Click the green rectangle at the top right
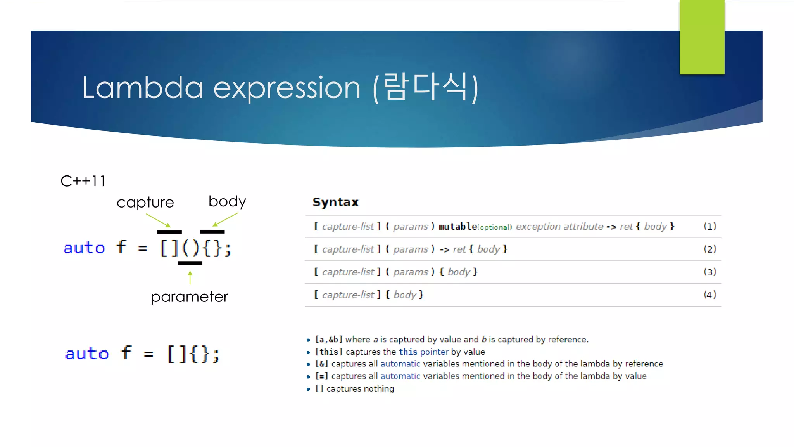tap(702, 37)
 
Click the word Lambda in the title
tap(142, 88)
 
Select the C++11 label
tap(83, 181)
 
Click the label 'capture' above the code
tap(145, 203)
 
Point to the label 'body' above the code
tap(227, 201)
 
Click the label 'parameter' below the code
tap(189, 297)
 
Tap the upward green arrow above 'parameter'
tap(190, 277)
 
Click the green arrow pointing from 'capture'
tap(158, 220)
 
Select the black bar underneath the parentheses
tap(190, 263)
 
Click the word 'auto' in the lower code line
tap(87, 353)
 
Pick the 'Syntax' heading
tap(336, 202)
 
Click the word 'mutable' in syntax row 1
tap(457, 226)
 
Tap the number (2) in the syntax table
tap(709, 249)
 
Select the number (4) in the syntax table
tap(709, 295)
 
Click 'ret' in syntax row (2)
tap(459, 249)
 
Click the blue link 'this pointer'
tap(423, 352)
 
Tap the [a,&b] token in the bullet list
tap(328, 340)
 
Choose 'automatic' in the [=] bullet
tap(400, 376)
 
